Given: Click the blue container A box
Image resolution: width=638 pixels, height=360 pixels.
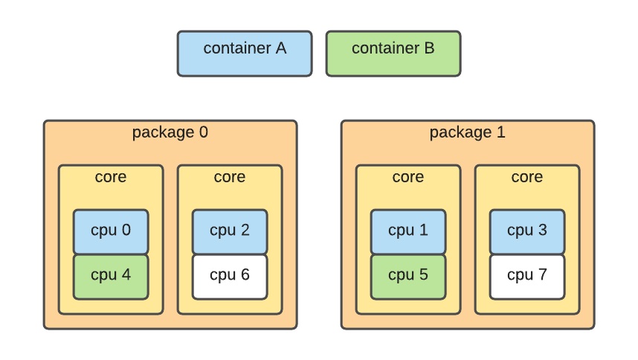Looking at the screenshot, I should point(244,54).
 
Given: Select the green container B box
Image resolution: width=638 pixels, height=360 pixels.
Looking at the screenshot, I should point(393,54).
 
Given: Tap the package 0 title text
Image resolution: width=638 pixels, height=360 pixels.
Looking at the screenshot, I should point(170,133).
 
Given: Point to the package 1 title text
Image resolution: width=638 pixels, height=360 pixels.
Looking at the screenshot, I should point(467,133).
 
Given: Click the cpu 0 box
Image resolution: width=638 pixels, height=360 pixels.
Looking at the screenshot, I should point(111,231).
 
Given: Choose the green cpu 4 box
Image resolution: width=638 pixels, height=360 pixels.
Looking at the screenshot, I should point(111,276).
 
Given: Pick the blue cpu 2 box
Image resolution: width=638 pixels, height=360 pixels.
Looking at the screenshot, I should point(230,231).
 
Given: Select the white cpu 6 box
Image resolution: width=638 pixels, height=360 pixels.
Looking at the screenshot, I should point(230,276).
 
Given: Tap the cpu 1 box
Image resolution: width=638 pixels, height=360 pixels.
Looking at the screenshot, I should point(408,231).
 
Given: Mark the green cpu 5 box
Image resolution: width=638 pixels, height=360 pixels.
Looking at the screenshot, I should point(408,276).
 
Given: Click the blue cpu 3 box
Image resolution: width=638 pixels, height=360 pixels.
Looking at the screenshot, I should point(527,231).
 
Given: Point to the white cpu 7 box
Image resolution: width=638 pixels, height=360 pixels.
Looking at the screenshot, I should point(527,276).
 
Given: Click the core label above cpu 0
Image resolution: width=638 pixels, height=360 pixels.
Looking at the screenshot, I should point(111,177).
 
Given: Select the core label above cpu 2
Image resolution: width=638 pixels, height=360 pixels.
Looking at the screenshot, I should point(230,177).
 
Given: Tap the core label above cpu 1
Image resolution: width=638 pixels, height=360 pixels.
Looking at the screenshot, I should point(408,177).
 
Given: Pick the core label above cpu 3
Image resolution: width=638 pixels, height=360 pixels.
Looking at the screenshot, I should point(527,177).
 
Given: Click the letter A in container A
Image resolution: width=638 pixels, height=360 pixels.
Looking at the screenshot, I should point(280,48).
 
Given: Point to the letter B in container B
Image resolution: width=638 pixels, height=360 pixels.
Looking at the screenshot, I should point(429,48).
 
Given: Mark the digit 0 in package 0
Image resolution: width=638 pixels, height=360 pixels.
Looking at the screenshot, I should point(203,133).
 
